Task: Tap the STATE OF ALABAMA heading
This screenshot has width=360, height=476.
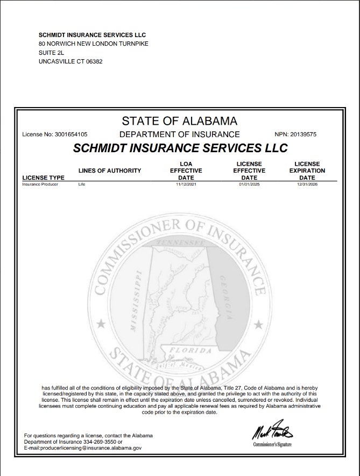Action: click(x=179, y=121)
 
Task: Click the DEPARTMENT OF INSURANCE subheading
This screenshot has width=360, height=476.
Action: click(x=179, y=134)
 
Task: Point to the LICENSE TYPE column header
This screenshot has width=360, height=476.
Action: click(x=43, y=177)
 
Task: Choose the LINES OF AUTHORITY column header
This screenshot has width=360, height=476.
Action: click(x=110, y=170)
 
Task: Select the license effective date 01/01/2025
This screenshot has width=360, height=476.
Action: click(x=249, y=184)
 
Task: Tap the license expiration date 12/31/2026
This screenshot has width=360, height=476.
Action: click(x=307, y=184)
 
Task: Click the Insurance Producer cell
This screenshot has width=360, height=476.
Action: click(x=40, y=184)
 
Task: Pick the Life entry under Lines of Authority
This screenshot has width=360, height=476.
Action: click(x=82, y=184)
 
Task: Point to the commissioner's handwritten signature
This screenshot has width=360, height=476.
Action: click(x=273, y=432)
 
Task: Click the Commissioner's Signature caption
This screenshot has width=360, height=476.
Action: click(x=273, y=445)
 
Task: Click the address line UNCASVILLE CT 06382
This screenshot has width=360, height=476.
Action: click(x=70, y=61)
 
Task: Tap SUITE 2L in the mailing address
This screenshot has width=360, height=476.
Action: click(x=51, y=53)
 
